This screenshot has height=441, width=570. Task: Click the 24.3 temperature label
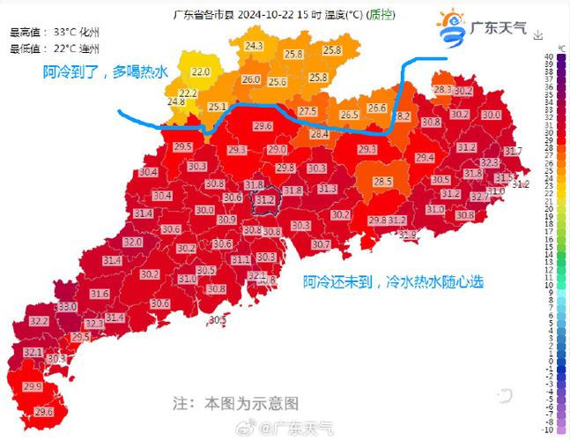255,45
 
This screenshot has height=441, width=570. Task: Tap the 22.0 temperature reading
201,71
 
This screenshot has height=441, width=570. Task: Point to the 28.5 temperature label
382,182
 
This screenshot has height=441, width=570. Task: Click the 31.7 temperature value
514,152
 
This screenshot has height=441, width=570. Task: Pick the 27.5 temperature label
307,111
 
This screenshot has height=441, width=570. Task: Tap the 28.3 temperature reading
442,89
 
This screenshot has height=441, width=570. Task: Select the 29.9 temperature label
33,386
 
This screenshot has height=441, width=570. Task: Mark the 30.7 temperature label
321,243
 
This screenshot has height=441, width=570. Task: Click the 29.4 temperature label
426,158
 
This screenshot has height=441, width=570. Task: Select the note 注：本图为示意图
236,403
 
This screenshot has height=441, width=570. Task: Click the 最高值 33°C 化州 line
55,32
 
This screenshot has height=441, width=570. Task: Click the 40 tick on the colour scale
548,56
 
